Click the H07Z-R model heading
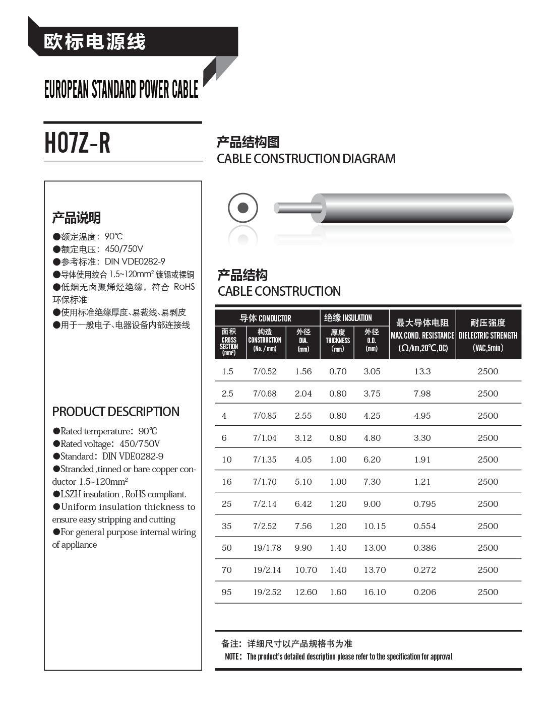pos(77,143)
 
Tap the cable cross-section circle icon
pos(243,208)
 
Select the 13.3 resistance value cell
pos(422,371)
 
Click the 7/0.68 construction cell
pos(265,394)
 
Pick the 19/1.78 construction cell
pos(267,548)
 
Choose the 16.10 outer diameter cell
pos(375,592)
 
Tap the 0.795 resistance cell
pos(424,504)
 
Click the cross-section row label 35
pos(227,526)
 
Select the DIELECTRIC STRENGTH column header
pos(488,336)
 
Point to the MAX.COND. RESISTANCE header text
pos(422,336)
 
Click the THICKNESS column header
pos(338,341)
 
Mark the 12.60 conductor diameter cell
pos(306,592)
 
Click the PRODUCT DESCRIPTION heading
pos(115,412)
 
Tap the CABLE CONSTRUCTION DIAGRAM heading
pos(306,159)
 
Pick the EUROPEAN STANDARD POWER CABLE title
pos(121,89)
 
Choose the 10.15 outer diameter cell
pos(375,526)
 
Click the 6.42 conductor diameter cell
pos(303,504)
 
